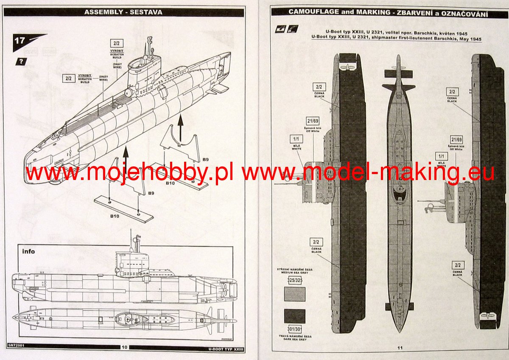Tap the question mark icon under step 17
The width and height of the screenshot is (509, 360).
[x=20, y=61]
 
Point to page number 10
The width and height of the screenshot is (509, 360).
[x=124, y=347]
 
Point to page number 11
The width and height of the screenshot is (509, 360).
[x=400, y=348]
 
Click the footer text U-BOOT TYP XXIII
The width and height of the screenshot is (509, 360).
[x=226, y=347]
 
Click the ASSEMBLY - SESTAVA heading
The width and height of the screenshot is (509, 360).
[x=123, y=12]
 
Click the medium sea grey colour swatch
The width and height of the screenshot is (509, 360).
[x=294, y=294]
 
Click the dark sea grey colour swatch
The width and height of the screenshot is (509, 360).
[x=294, y=316]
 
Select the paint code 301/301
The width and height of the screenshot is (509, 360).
[x=294, y=329]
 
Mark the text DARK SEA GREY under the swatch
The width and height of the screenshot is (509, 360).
[x=295, y=339]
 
